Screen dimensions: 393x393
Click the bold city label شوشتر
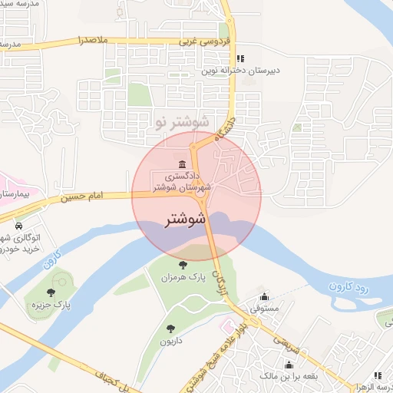pyautogui.click(x=186, y=219)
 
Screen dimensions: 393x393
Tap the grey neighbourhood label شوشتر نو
pyautogui.click(x=182, y=121)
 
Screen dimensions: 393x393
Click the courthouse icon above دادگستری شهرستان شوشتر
pyautogui.click(x=182, y=164)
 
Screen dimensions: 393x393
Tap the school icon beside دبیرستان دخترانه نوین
pyautogui.click(x=239, y=58)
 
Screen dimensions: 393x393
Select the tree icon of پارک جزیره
pyautogui.click(x=51, y=292)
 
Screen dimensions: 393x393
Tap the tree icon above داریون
pyautogui.click(x=169, y=329)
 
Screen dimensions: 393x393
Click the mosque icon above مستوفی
pyautogui.click(x=265, y=297)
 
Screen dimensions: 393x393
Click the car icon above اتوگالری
pyautogui.click(x=18, y=227)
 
